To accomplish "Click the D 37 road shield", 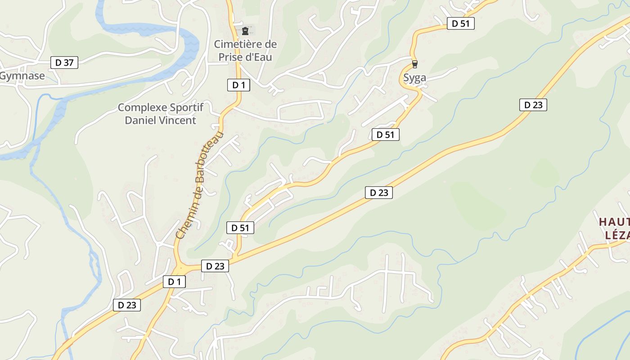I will [x=64, y=63].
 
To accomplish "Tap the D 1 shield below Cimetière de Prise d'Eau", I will [x=238, y=85].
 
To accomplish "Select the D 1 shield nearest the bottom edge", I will [x=174, y=282].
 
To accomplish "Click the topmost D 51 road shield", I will [x=461, y=23].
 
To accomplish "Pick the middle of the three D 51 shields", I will [x=386, y=134].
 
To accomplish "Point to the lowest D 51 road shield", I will [x=240, y=228].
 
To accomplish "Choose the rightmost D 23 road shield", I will [x=533, y=105].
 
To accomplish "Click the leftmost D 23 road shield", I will [x=127, y=305].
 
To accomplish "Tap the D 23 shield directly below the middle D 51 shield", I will [x=379, y=193].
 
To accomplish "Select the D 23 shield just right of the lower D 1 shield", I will [x=215, y=266].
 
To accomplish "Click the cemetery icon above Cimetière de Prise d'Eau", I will [x=245, y=31].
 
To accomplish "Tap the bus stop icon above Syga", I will [x=414, y=64].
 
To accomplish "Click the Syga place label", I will [x=414, y=77].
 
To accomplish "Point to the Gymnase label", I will [x=22, y=76].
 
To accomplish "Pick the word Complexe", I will [x=142, y=108].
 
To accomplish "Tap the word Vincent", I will [x=179, y=120].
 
